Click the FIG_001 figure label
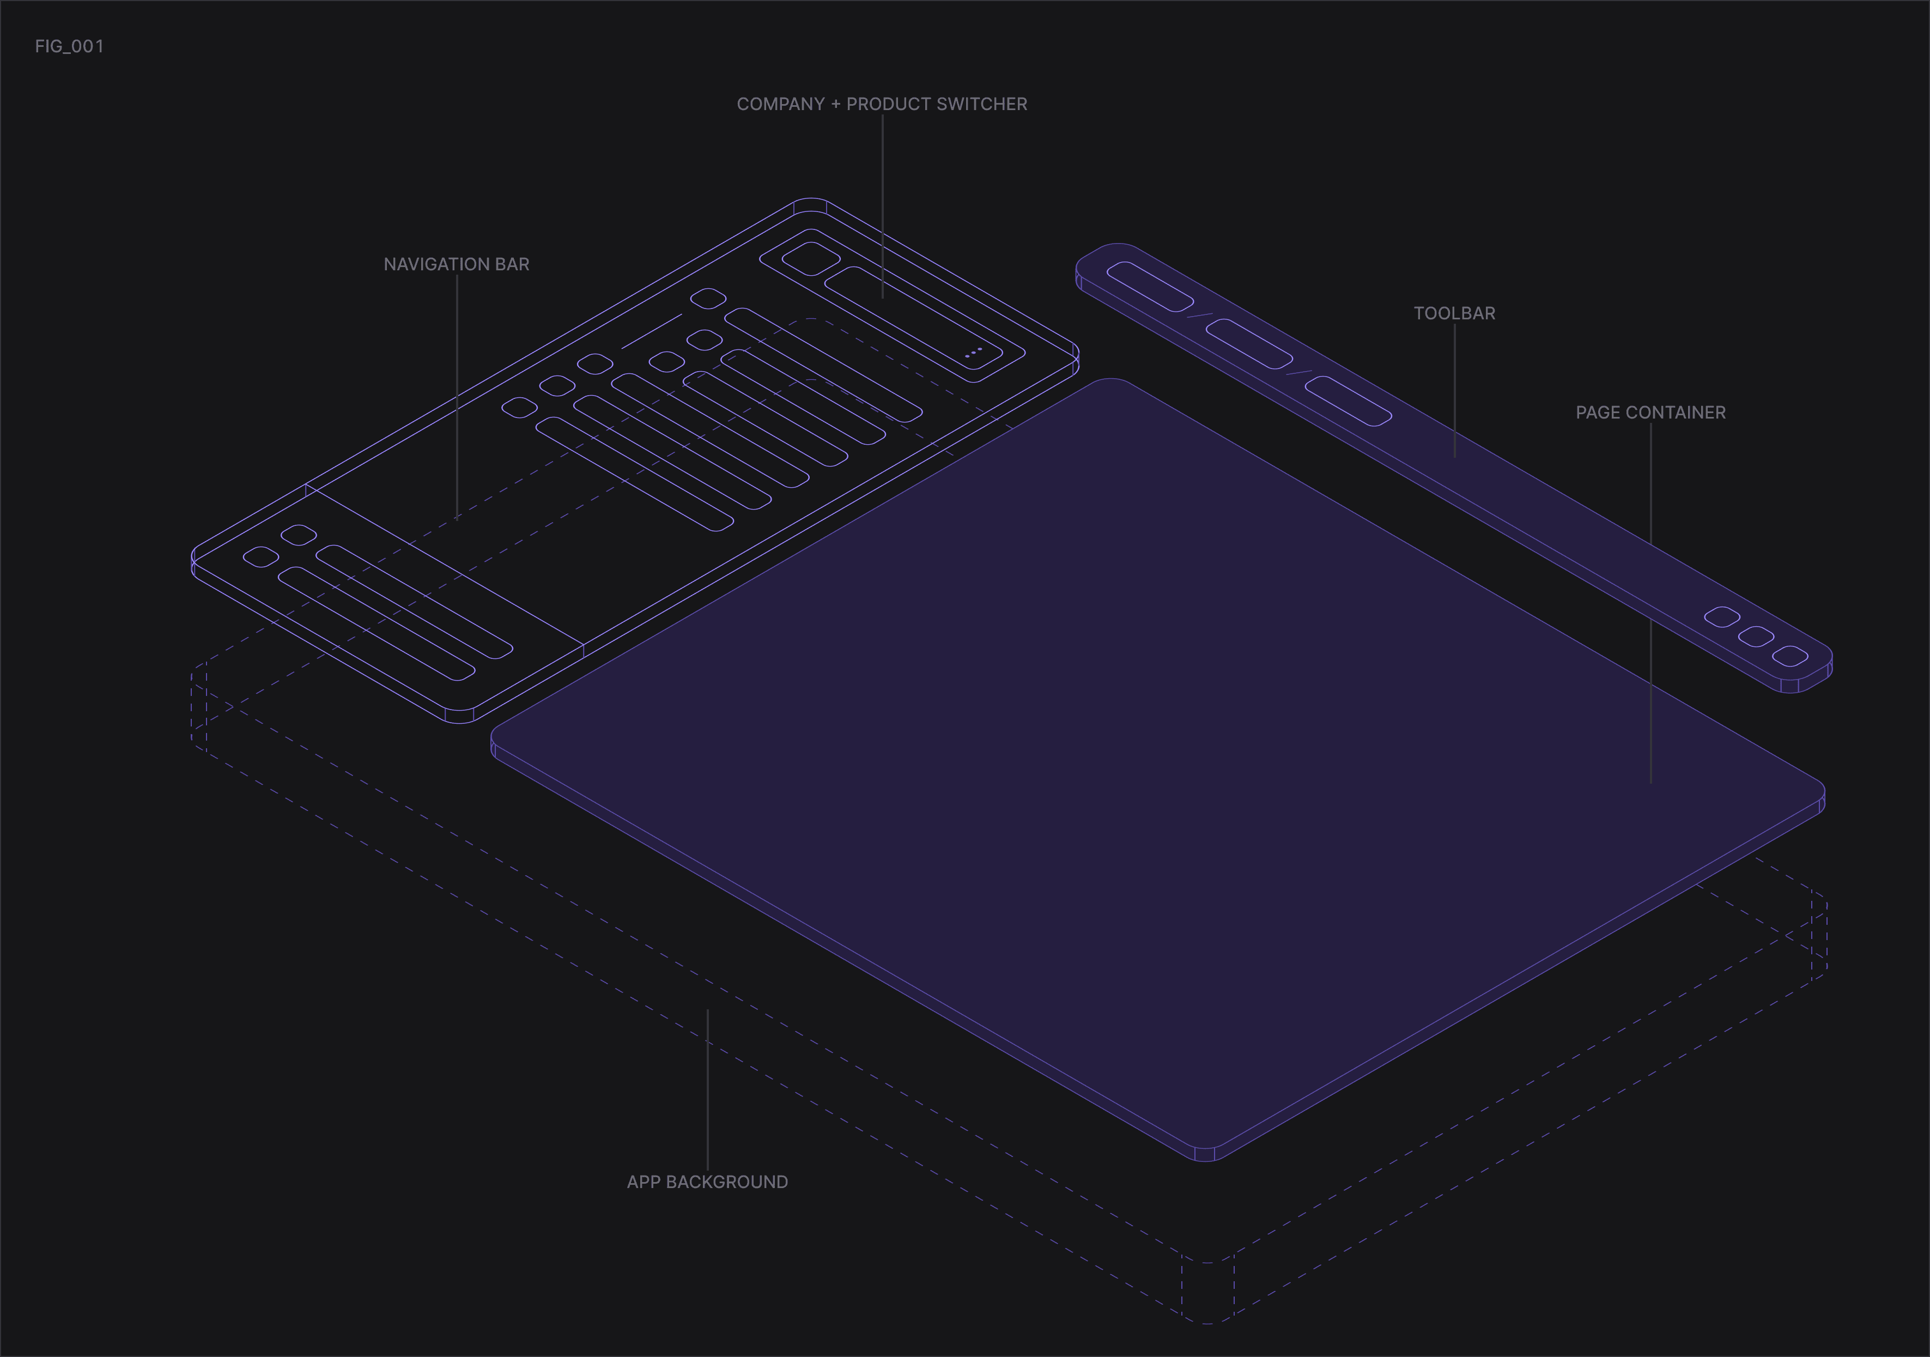coord(69,46)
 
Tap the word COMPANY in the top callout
coord(780,104)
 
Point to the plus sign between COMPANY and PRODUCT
coord(835,104)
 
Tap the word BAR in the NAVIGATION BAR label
coord(512,264)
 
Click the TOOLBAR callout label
coord(1454,313)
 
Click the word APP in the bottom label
coord(644,1182)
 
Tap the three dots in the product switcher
coord(973,352)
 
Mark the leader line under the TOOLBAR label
coord(1455,390)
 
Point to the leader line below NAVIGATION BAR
coord(457,395)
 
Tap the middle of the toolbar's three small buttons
coord(1756,637)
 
